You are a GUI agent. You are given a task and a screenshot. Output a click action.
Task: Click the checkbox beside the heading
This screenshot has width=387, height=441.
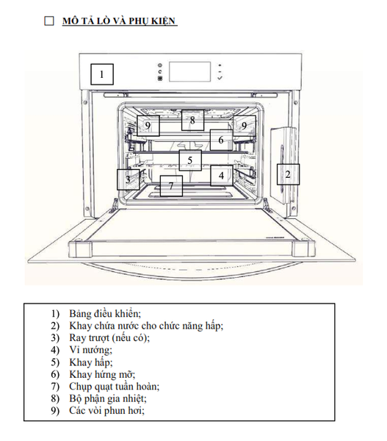pyautogui.click(x=49, y=21)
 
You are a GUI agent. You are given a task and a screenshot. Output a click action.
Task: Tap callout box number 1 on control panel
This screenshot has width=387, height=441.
pyautogui.click(x=102, y=74)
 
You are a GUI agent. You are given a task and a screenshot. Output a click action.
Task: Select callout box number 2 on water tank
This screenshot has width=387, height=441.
pyautogui.click(x=288, y=174)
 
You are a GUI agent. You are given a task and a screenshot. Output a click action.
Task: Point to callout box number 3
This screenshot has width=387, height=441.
pyautogui.click(x=129, y=179)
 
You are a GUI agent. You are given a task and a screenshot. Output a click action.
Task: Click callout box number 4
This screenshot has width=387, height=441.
pyautogui.click(x=222, y=176)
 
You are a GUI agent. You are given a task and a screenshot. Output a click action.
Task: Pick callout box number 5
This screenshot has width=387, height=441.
pyautogui.click(x=190, y=160)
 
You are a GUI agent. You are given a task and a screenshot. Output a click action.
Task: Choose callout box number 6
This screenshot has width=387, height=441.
pyautogui.click(x=221, y=140)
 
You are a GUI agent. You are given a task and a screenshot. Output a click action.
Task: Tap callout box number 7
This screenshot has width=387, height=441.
pyautogui.click(x=171, y=186)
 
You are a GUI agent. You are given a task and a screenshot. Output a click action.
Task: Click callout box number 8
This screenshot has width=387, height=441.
pyautogui.click(x=192, y=120)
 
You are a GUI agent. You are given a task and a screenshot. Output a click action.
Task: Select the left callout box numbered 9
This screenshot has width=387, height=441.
pyautogui.click(x=148, y=126)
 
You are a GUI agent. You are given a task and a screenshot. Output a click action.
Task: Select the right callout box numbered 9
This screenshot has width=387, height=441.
pyautogui.click(x=245, y=126)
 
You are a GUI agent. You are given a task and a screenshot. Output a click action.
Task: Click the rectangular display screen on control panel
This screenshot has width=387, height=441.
pyautogui.click(x=189, y=72)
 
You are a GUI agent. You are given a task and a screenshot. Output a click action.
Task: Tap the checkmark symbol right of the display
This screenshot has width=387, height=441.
pyautogui.click(x=220, y=78)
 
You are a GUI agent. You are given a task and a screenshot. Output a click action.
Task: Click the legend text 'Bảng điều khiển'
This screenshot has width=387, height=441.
pyautogui.click(x=105, y=313)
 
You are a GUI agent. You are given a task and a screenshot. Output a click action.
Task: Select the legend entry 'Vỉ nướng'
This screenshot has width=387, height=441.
pyautogui.click(x=91, y=350)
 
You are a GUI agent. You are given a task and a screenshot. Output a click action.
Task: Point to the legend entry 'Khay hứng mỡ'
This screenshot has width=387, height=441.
pyautogui.click(x=102, y=374)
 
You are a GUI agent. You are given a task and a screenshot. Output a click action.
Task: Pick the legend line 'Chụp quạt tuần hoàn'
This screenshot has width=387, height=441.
pyautogui.click(x=115, y=387)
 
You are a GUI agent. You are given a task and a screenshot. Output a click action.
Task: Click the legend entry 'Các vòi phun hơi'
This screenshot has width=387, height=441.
pyautogui.click(x=106, y=411)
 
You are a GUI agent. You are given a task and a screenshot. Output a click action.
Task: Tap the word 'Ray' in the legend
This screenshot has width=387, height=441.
pyautogui.click(x=76, y=338)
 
